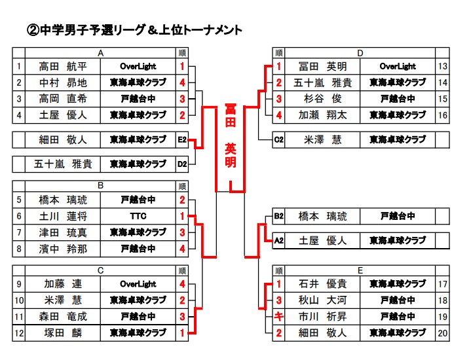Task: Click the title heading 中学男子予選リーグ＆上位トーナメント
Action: pyautogui.click(x=134, y=30)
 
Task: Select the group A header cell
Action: pyautogui.click(x=100, y=53)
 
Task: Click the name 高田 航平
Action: pyautogui.click(x=63, y=67)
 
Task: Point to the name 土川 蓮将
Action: pyautogui.click(x=63, y=216)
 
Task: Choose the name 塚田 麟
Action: pyautogui.click(x=63, y=333)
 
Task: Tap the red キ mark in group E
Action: pyautogui.click(x=279, y=316)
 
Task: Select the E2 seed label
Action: pyautogui.click(x=182, y=139)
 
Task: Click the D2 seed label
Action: pyautogui.click(x=182, y=164)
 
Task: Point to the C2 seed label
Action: pyautogui.click(x=279, y=139)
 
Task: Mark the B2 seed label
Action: pyautogui.click(x=279, y=216)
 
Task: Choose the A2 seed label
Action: pyautogui.click(x=279, y=240)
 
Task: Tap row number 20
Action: pyautogui.click(x=443, y=333)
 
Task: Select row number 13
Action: pyautogui.click(x=443, y=67)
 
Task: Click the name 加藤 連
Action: pyautogui.click(x=63, y=284)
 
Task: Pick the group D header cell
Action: pyautogui.click(x=360, y=53)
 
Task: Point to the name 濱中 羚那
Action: pyautogui.click(x=63, y=249)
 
